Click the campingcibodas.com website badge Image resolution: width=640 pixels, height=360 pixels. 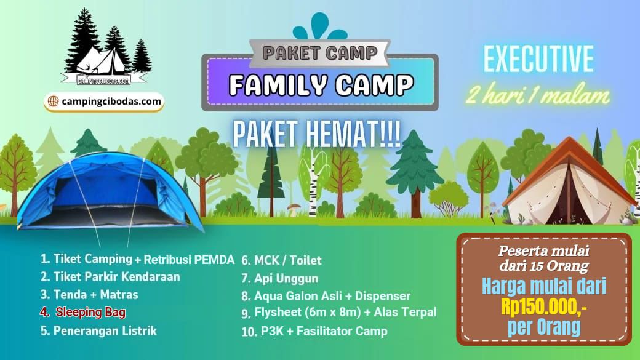pos(104,101)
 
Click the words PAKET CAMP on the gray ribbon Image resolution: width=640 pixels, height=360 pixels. pos(320,53)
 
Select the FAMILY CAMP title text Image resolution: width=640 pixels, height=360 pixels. pos(321,84)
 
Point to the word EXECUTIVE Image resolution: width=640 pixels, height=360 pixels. pos(538,59)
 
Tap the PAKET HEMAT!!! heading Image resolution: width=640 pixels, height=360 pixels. pos(316,134)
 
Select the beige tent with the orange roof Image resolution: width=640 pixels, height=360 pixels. pos(569,182)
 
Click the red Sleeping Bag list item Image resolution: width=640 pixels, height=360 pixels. pos(83,312)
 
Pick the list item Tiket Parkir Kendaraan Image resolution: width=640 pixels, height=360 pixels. pos(110,277)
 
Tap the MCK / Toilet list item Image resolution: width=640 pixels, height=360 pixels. pos(281,260)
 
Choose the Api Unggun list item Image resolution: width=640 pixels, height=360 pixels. pos(279,279)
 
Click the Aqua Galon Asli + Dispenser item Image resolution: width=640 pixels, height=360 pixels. pos(326,296)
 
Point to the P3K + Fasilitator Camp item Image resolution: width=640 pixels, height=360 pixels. pos(314,331)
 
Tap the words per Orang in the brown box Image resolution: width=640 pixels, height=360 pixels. pos(543,327)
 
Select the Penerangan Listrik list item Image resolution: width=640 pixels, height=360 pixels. pos(98,330)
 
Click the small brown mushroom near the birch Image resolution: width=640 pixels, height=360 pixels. pos(294,210)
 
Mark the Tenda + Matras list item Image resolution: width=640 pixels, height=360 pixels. pos(89,295)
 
